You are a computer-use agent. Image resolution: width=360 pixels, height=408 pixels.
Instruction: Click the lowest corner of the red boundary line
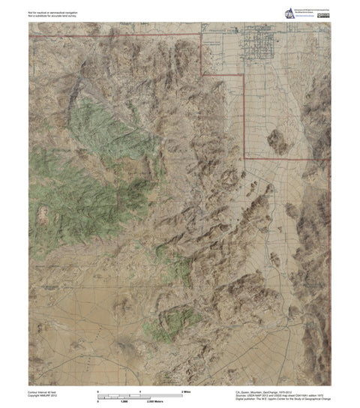(x=245, y=158)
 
